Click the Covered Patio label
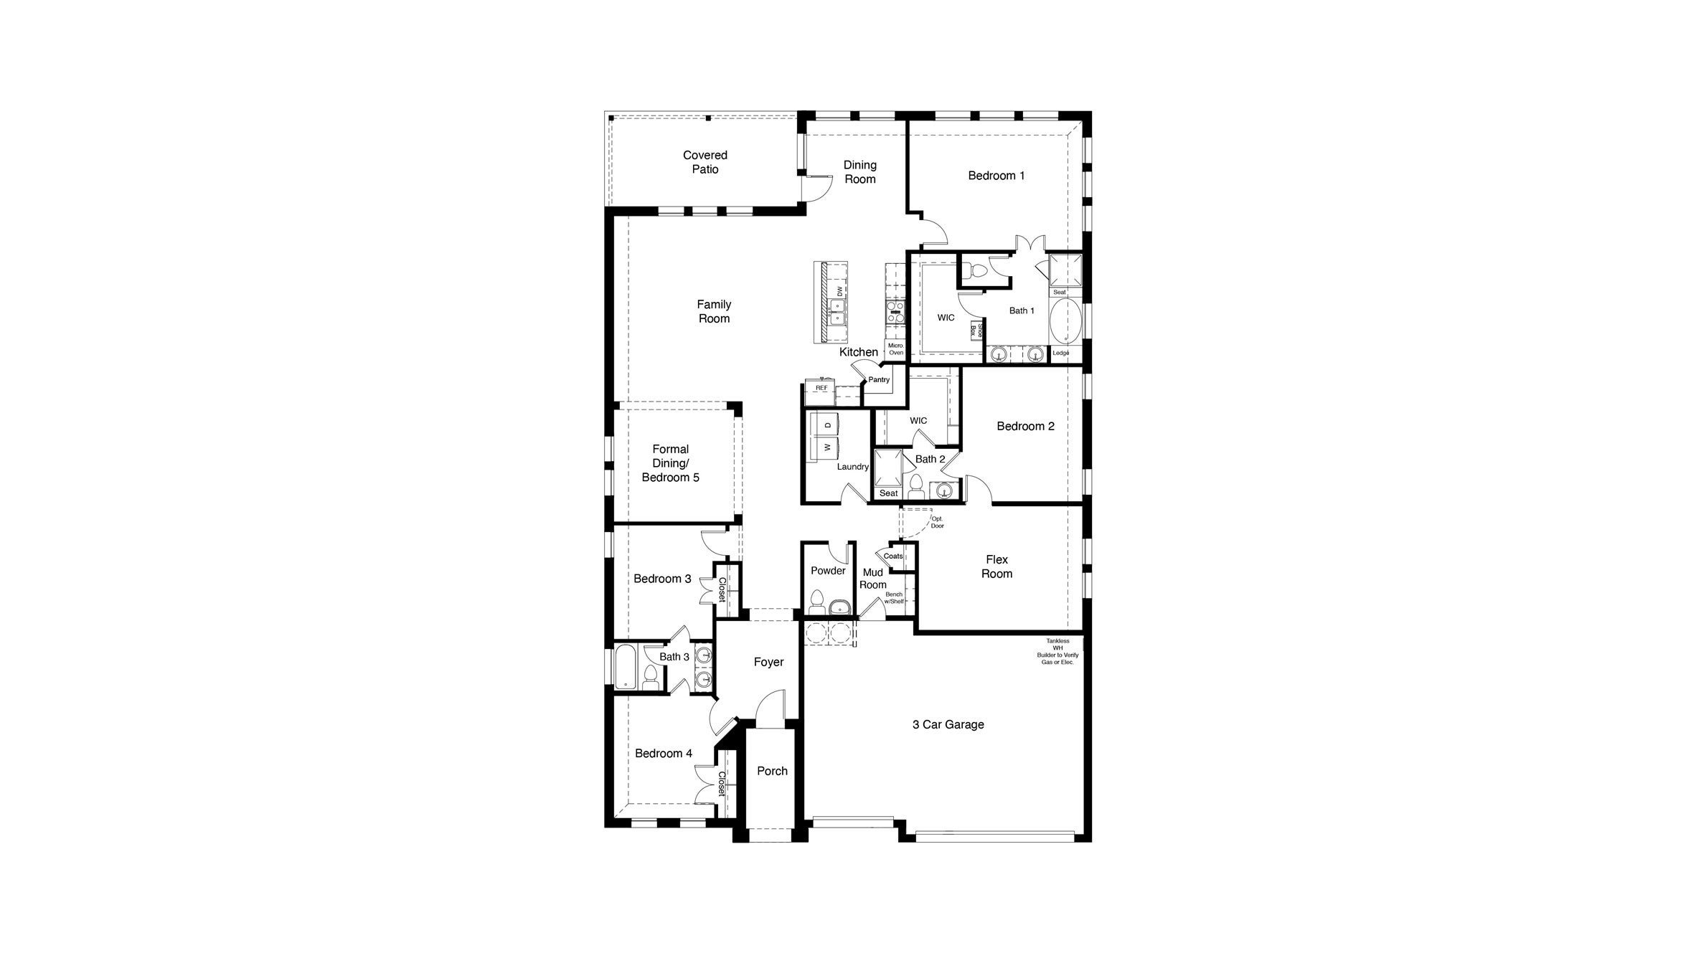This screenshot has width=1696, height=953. (x=705, y=162)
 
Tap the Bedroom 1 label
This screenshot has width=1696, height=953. (x=996, y=176)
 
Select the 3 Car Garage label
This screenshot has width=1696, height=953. (x=948, y=725)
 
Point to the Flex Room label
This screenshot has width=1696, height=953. (x=997, y=566)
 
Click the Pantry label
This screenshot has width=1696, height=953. (x=879, y=380)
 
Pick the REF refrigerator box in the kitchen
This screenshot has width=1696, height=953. (x=821, y=388)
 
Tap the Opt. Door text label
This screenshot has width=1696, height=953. (x=937, y=522)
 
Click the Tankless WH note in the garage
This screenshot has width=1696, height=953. (x=1057, y=652)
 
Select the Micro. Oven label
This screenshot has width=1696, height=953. (x=896, y=349)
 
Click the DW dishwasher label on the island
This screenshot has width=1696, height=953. (x=839, y=291)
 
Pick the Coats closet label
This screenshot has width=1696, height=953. (x=893, y=556)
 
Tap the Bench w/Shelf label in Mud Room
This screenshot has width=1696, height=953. (x=894, y=598)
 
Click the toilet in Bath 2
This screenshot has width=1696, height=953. (x=915, y=487)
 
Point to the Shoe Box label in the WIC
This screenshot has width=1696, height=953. (x=976, y=330)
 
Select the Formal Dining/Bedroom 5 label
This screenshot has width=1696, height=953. (x=670, y=463)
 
